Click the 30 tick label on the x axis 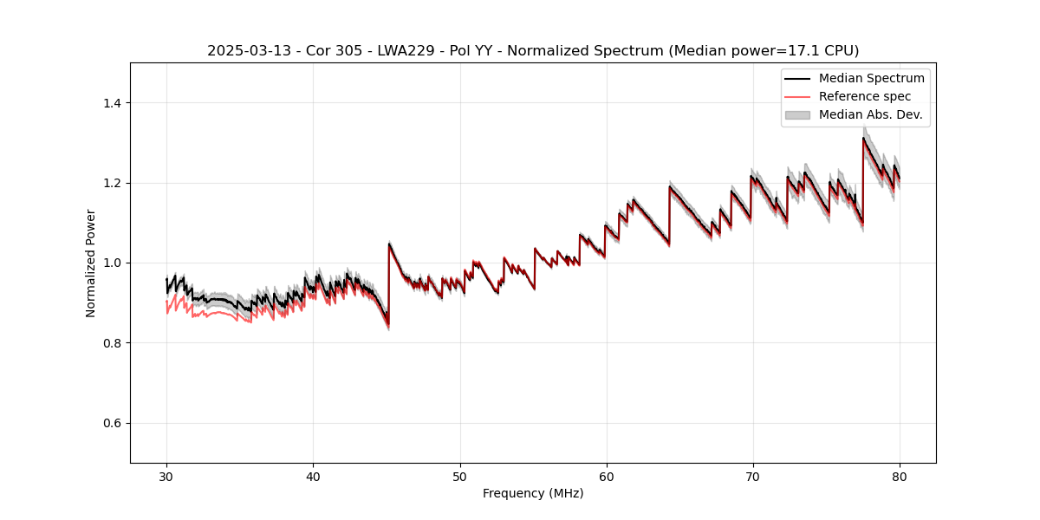[x=166, y=477]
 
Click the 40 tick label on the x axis [x=313, y=477]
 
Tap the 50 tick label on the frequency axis [x=460, y=477]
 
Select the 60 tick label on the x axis [x=607, y=477]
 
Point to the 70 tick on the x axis [x=753, y=477]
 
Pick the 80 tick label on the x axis [x=900, y=477]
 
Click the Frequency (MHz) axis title [x=533, y=493]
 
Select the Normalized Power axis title [x=90, y=263]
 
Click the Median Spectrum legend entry [x=871, y=78]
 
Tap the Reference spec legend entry [x=865, y=96]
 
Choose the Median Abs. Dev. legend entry [x=870, y=114]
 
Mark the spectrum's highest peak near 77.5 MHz [x=863, y=138]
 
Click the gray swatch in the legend [x=797, y=114]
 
